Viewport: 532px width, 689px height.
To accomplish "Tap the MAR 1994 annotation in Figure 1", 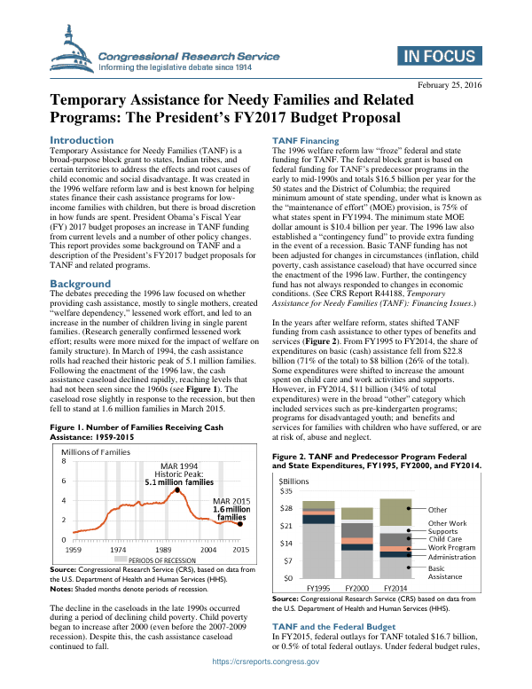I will tap(178, 466).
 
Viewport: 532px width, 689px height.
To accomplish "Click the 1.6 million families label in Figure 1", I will tap(232, 511).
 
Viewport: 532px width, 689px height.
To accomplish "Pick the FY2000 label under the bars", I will tap(356, 588).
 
